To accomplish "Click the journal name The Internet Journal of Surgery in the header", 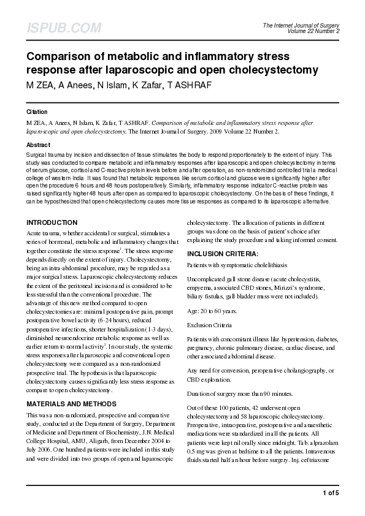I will [x=301, y=25].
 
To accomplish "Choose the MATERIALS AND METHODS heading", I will [x=72, y=404].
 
